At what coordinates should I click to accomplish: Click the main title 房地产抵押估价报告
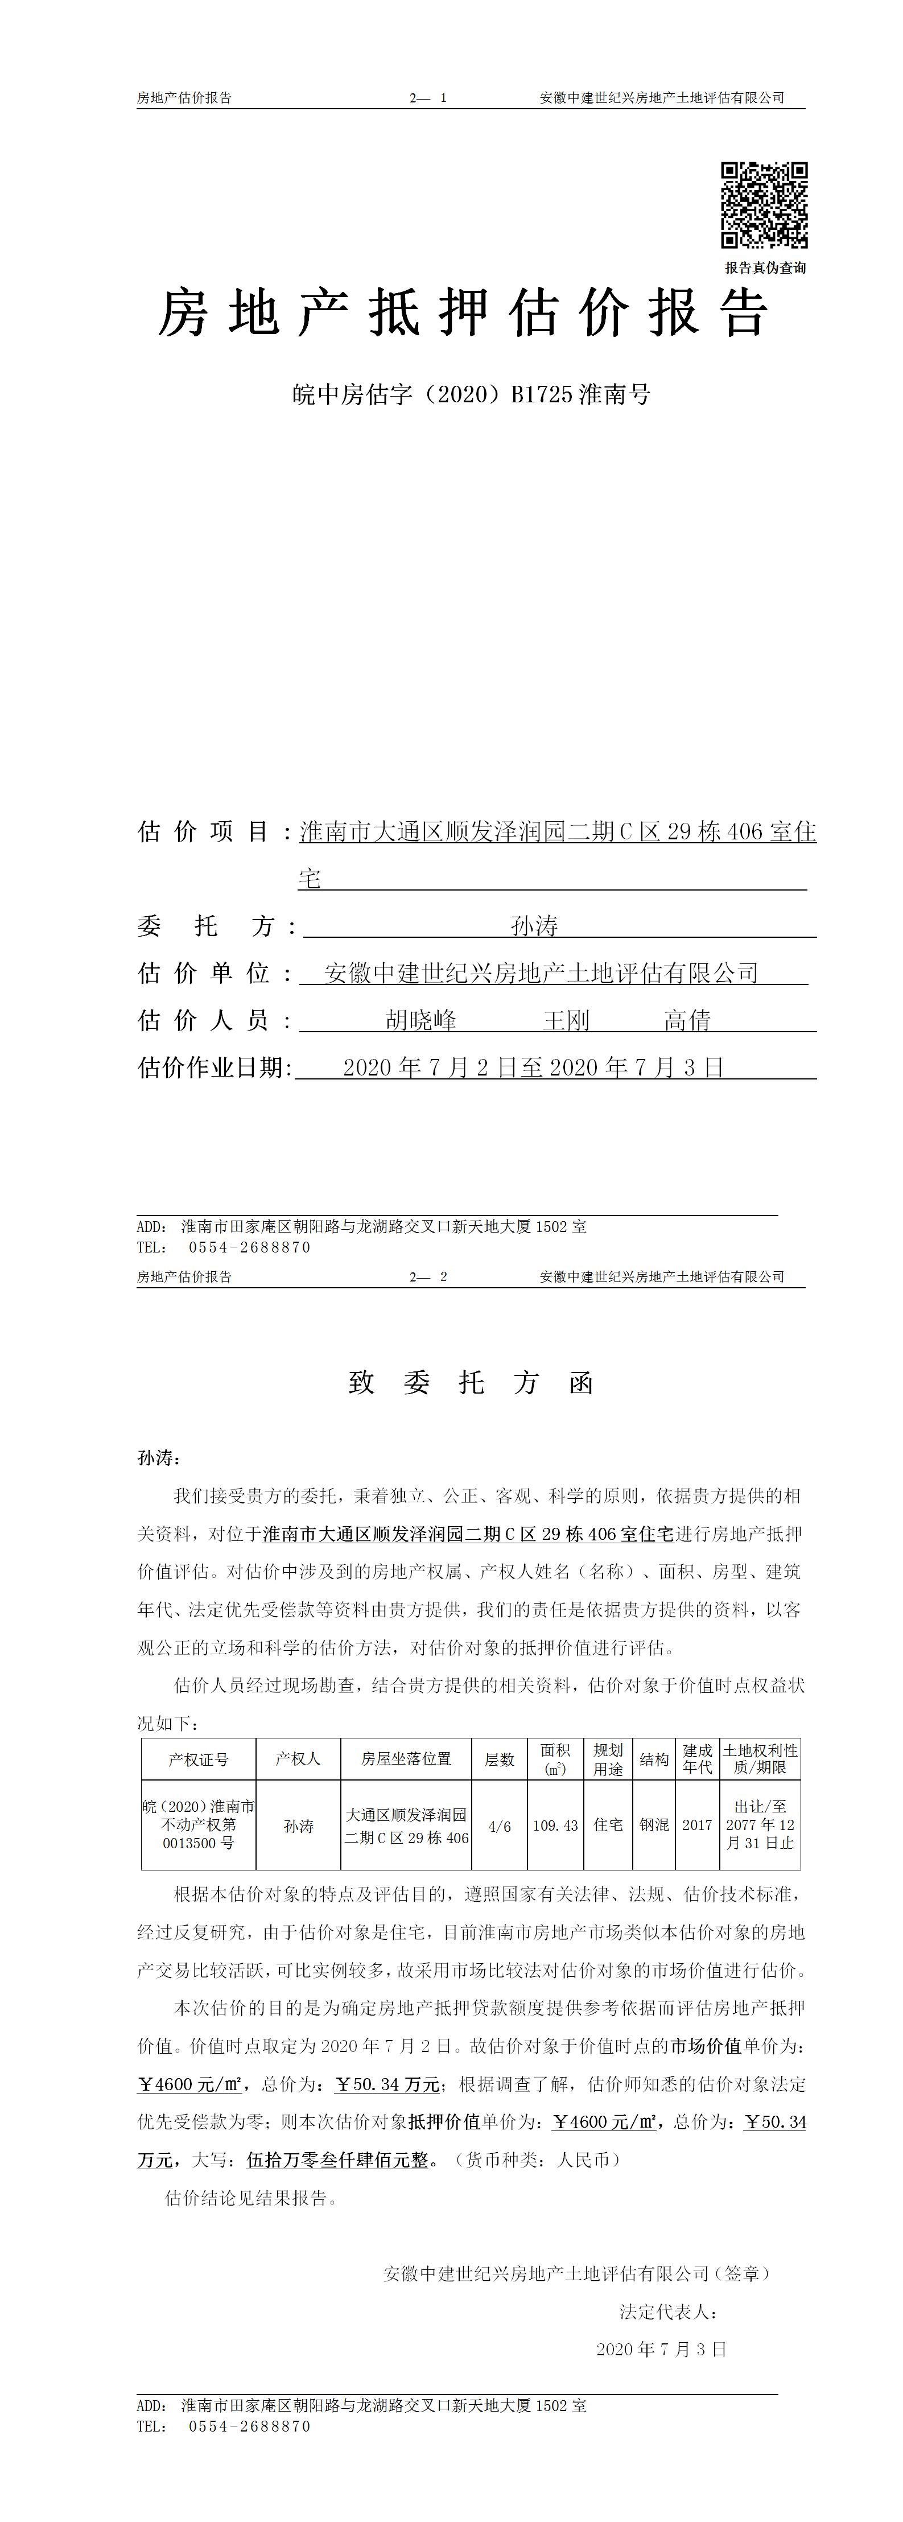click(462, 314)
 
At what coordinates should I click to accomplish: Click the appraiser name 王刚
click(566, 1020)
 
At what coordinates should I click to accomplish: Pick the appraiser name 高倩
click(687, 1020)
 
